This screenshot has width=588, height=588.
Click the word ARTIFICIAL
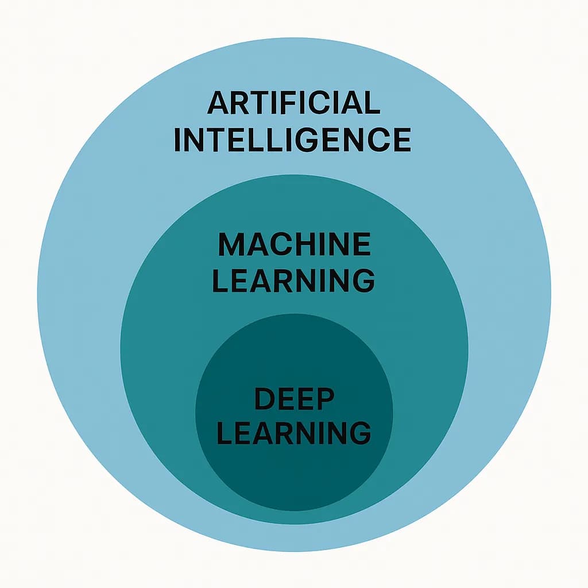click(293, 103)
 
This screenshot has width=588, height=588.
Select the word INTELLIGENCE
click(292, 140)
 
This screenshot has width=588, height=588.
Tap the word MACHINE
click(294, 245)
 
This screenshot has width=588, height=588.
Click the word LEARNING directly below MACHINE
click(293, 281)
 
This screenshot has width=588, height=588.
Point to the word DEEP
click(294, 398)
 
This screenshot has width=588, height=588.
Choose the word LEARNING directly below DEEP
click(293, 433)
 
